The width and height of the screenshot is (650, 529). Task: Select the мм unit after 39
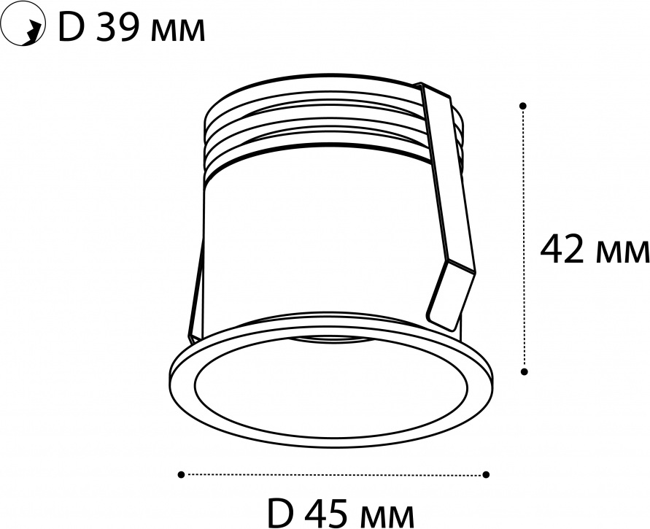(x=178, y=33)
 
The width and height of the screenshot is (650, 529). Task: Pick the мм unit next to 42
(x=622, y=254)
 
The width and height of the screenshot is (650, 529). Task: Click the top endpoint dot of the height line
(x=524, y=106)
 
